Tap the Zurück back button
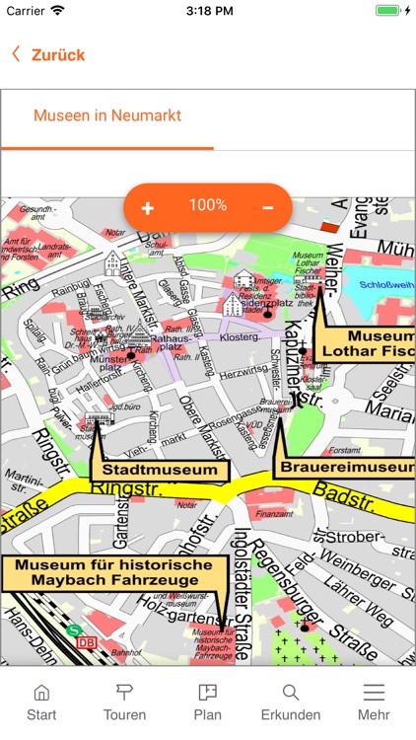[49, 55]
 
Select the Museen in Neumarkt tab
[107, 115]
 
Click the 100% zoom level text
[208, 205]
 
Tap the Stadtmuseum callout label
[160, 470]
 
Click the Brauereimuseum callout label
[346, 467]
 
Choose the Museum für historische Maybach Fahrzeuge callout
[107, 572]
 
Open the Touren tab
[124, 701]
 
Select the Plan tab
[207, 701]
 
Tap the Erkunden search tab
[291, 701]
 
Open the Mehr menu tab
[374, 701]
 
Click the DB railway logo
[87, 642]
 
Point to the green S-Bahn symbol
[73, 629]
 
